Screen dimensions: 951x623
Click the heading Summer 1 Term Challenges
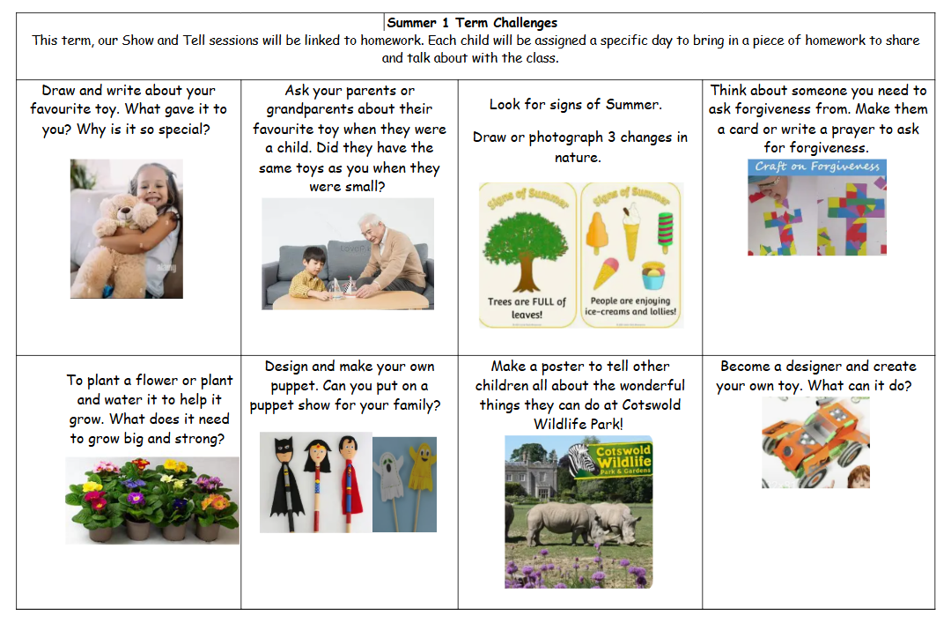(472, 23)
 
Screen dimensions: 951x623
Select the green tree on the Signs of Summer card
(525, 250)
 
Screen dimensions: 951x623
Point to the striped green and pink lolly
(666, 233)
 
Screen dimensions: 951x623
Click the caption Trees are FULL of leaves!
(527, 308)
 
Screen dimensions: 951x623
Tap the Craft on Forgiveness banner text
(817, 167)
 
